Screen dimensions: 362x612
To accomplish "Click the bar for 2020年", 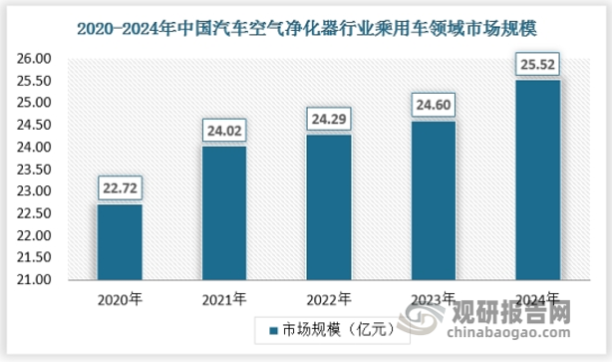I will click(x=120, y=242).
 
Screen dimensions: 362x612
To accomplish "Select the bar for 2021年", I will click(x=223, y=213).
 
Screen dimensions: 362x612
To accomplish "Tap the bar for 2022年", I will click(x=328, y=207).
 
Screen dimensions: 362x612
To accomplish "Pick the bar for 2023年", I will click(x=433, y=200).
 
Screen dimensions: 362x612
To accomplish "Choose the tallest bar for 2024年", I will click(x=537, y=181).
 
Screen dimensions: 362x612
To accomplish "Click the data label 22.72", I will click(x=120, y=187).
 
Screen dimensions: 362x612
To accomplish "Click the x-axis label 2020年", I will click(x=120, y=298).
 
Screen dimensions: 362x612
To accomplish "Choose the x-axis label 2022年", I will click(x=328, y=298).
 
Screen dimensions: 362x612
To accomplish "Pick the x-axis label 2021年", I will click(x=223, y=298).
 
